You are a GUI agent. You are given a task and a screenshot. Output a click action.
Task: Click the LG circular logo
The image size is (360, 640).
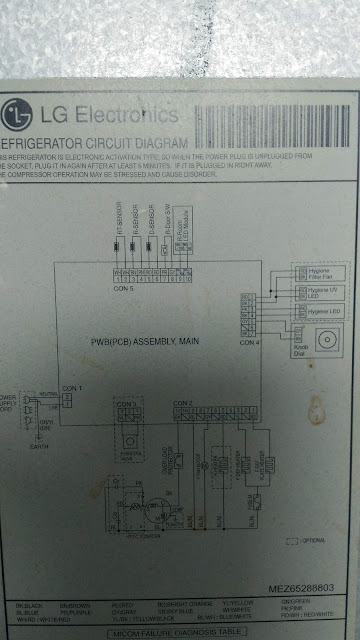click(16, 112)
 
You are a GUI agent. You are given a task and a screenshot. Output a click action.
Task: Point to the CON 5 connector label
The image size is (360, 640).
click(123, 290)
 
